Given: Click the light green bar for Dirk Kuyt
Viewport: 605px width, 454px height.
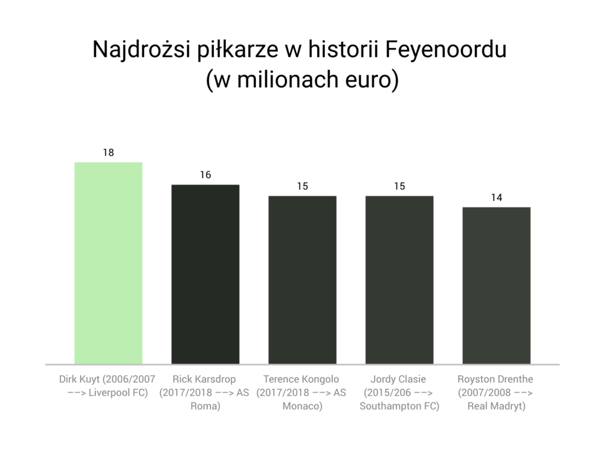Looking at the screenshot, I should [x=108, y=262].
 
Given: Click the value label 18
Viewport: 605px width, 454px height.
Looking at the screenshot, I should [x=108, y=153].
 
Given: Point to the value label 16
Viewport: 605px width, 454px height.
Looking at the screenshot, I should [x=205, y=175].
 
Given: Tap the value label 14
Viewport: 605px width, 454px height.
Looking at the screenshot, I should [x=496, y=197].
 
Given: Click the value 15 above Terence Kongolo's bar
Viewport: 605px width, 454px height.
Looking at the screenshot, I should [x=302, y=186].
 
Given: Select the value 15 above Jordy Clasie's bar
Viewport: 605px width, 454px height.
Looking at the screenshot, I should [x=399, y=186].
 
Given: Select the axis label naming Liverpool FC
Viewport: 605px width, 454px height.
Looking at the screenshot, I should [x=108, y=393].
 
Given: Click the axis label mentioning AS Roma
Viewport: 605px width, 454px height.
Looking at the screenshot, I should [x=205, y=393].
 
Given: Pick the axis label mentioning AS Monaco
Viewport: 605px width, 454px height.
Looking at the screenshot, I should [x=302, y=393].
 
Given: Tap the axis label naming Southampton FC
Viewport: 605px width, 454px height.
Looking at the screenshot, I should [x=399, y=393].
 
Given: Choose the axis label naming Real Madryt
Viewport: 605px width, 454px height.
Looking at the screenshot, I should [x=496, y=393].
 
